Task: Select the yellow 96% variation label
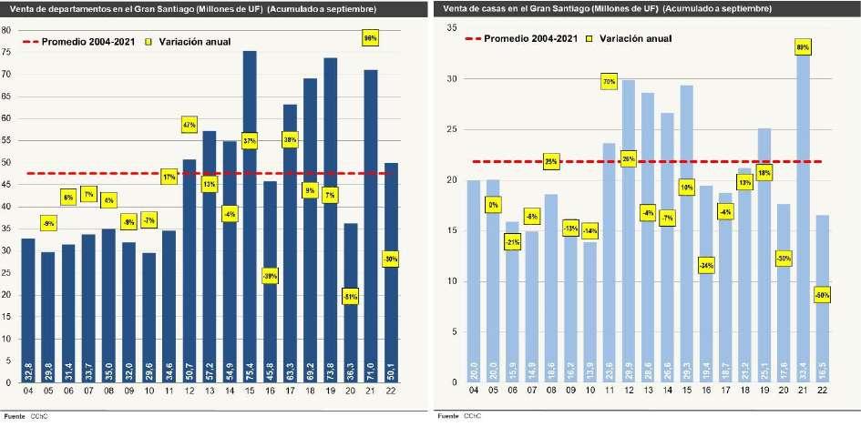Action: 370,39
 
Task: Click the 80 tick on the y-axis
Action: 6,30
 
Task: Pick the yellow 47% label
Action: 190,124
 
